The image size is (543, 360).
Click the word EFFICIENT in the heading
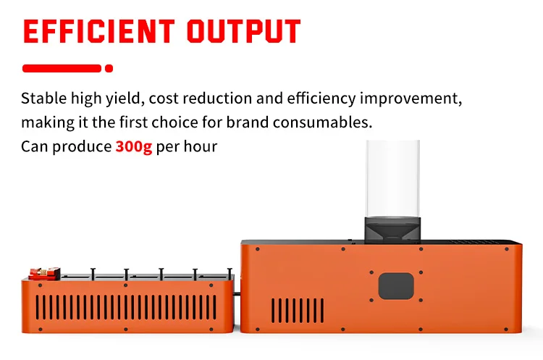coord(98,31)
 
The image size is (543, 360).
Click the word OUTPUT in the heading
coord(243,31)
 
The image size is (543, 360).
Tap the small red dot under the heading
coord(109,68)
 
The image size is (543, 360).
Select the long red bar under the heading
coord(62,68)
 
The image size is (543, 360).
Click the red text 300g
coord(134,146)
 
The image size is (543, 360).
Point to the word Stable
coord(44,99)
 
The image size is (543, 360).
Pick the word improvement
coord(411,99)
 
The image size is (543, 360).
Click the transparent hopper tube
coord(392,179)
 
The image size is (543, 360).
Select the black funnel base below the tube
coord(392,229)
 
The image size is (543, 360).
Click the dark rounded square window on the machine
coord(396,286)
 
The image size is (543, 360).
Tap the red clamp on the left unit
coord(44,273)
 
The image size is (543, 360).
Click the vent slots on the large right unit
coord(298,311)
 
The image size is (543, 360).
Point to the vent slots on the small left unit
coord(126,307)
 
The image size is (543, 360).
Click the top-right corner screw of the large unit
coord(507,249)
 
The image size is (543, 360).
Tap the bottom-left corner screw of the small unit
coord(40,329)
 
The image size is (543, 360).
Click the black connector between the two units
coord(237,294)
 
